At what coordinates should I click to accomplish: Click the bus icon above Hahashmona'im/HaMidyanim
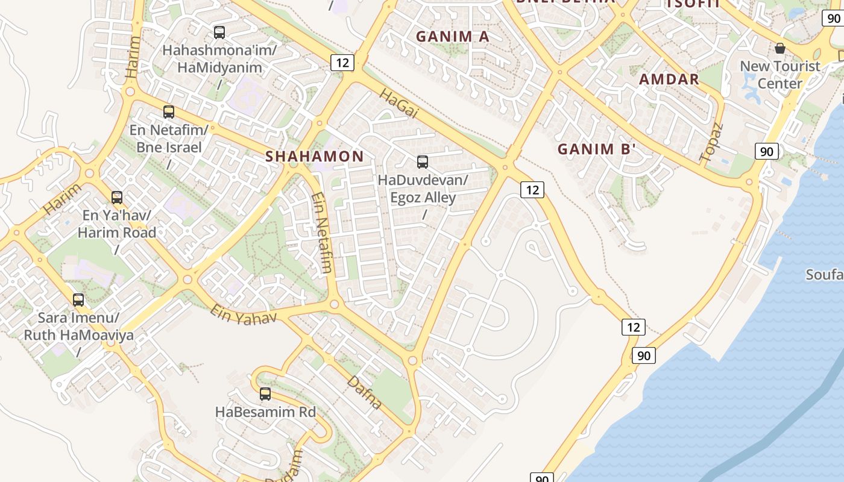point(219,33)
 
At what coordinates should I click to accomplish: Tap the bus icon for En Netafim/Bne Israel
point(169,112)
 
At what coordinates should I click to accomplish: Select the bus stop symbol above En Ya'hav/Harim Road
point(117,198)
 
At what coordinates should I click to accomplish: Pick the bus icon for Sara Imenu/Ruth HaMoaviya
point(78,300)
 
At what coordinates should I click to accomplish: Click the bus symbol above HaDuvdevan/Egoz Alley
point(423,162)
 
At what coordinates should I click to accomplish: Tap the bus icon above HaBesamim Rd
point(265,395)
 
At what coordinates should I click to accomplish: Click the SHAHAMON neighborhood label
point(315,157)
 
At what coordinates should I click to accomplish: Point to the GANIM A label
point(453,36)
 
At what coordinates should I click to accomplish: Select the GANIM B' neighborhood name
point(597,149)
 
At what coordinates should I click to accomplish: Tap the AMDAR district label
point(669,79)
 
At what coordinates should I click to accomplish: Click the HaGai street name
point(398,104)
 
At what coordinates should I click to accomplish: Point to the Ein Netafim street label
point(321,232)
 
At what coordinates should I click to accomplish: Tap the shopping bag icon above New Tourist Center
point(780,48)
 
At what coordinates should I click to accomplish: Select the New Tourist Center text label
point(780,75)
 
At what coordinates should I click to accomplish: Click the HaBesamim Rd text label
point(265,413)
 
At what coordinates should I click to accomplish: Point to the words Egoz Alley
point(423,198)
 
